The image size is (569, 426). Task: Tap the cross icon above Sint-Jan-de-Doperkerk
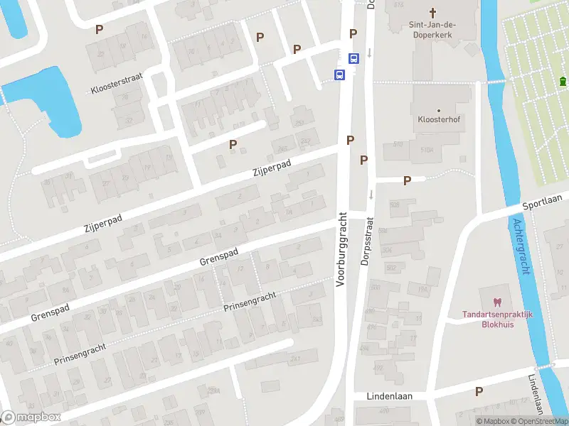click(x=432, y=13)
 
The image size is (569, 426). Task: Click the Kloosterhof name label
click(x=439, y=120)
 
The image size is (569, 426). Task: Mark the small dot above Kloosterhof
click(x=439, y=110)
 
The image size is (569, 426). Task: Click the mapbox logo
click(x=31, y=417)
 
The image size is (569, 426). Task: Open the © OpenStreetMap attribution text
click(x=536, y=421)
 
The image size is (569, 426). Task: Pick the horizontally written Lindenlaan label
click(x=389, y=395)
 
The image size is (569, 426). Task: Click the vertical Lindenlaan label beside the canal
click(x=538, y=395)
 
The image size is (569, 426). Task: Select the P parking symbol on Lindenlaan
click(x=479, y=391)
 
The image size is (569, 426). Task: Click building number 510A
click(x=427, y=150)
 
